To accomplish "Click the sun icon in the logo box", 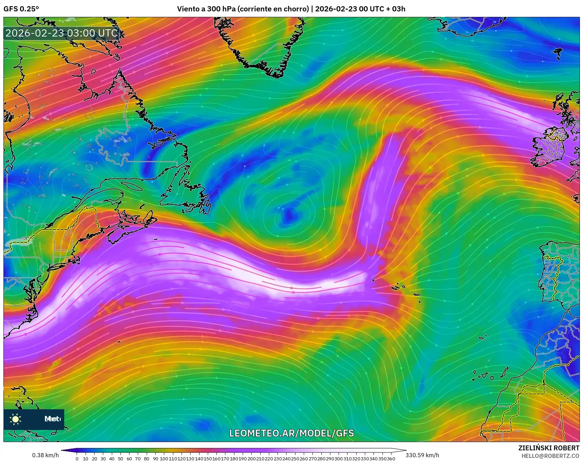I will pos(16,419).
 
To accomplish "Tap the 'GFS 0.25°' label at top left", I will pos(21,9).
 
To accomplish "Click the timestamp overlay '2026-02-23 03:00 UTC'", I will pos(61,33).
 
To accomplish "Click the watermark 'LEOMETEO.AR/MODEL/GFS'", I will pos(291,433).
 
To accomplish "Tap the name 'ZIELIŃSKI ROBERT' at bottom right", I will pos(548,448).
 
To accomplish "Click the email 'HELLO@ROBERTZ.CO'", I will pos(550,456).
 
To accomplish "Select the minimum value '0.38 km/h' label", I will pos(46,455).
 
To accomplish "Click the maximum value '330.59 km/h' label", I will pos(422,455).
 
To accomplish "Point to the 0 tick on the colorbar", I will pos(77,459).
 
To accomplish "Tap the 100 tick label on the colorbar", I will pos(164,459).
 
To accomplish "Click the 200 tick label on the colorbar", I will pos(251,459).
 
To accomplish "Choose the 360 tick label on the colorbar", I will pos(391,459).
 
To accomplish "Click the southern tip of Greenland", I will pos(276,74).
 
